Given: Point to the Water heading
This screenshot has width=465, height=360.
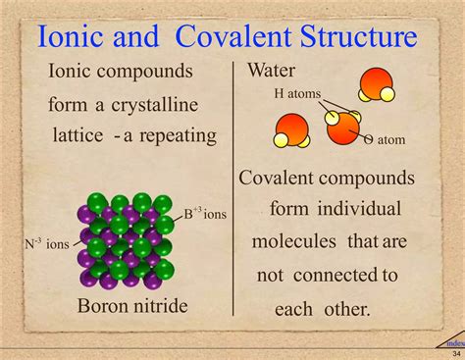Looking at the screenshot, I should click(x=273, y=71).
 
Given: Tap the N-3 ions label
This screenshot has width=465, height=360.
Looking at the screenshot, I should click(x=47, y=242).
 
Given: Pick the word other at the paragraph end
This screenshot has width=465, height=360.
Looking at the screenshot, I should click(x=345, y=308).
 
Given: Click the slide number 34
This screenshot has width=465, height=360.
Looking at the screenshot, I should click(x=455, y=353).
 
